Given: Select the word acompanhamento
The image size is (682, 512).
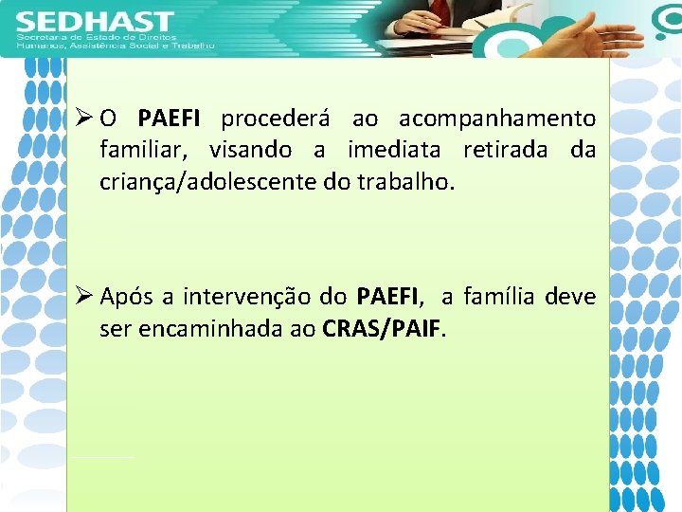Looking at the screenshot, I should pyautogui.click(x=497, y=119).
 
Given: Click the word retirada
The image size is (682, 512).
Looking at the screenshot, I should pyautogui.click(x=509, y=150).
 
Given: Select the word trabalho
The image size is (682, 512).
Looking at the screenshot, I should pyautogui.click(x=404, y=181).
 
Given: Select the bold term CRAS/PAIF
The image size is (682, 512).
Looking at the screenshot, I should pyautogui.click(x=382, y=329).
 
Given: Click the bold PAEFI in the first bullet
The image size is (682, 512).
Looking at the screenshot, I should pyautogui.click(x=169, y=119).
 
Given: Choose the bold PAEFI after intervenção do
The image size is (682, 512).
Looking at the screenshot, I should pyautogui.click(x=387, y=298).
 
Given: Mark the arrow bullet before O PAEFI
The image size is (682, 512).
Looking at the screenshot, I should pyautogui.click(x=82, y=119).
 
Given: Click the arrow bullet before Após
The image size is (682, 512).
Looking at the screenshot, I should pyautogui.click(x=82, y=297).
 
